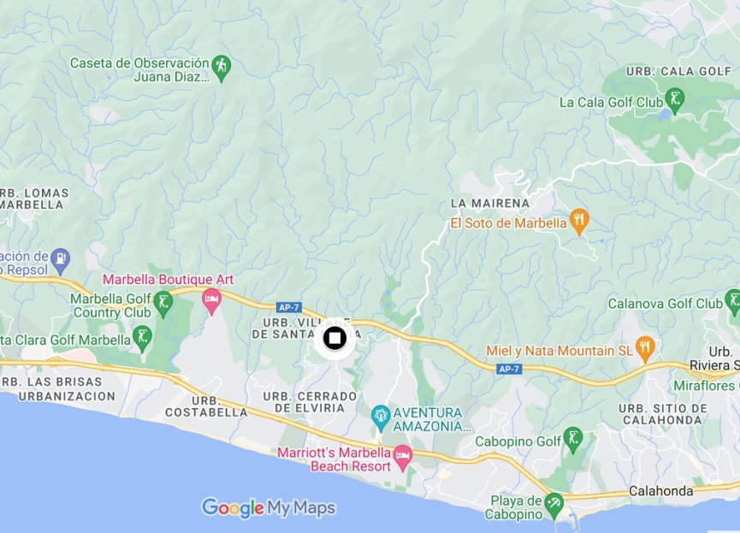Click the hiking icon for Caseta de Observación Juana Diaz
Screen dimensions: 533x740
(x=222, y=67)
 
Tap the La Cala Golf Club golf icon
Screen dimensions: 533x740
(x=676, y=100)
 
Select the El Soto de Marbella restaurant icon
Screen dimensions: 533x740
(x=580, y=222)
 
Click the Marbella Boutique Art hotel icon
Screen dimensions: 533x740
(x=211, y=299)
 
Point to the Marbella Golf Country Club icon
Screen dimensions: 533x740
(x=163, y=301)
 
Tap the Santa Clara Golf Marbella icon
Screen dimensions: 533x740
(x=143, y=337)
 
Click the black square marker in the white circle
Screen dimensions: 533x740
(x=334, y=339)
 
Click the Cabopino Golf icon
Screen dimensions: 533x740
(x=573, y=440)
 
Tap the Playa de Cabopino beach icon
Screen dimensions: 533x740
(x=554, y=501)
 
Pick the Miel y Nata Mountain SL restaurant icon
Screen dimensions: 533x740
(x=645, y=348)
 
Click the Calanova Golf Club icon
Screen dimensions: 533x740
(x=732, y=301)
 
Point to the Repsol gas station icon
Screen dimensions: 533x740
(x=60, y=257)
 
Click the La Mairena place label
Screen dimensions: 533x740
(x=490, y=204)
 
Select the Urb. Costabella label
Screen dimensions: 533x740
(x=218, y=406)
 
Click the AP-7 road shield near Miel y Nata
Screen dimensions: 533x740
(x=508, y=368)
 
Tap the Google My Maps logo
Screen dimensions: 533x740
(x=268, y=508)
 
